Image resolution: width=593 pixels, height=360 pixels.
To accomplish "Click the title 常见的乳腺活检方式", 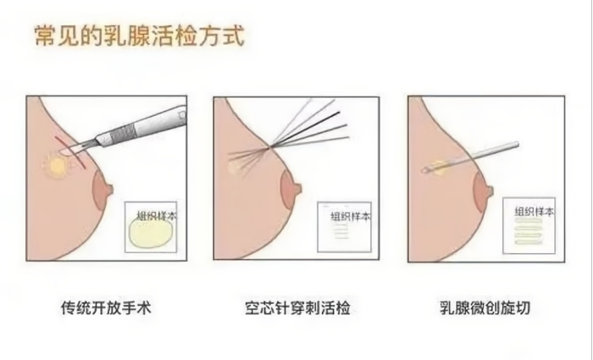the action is coord(140,36).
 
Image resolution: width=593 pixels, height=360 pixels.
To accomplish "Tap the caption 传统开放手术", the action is coord(106,307).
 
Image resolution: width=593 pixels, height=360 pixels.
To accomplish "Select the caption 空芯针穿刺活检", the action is coord(297,307).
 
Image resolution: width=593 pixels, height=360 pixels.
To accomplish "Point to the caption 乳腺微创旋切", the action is coord(485,307).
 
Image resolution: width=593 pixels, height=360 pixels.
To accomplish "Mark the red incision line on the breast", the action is coord(70,151).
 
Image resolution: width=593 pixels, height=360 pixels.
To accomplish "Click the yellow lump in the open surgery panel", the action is coord(57,166).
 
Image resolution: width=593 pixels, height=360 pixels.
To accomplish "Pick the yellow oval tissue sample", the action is coord(152,233).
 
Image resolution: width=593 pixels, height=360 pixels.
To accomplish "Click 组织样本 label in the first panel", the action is coord(157,216).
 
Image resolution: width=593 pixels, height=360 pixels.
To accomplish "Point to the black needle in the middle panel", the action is coord(304,130).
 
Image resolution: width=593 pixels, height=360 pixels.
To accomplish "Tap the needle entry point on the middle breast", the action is coord(269,147).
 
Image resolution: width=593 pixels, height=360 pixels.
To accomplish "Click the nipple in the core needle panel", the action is coord(291,188).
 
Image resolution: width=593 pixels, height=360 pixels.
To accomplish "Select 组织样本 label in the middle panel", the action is coord(351,217).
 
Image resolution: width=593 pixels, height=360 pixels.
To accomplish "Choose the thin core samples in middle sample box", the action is coord(341,231).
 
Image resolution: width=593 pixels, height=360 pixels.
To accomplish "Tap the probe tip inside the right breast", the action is coord(424,171).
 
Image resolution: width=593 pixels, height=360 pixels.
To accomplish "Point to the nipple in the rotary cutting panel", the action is coord(483,191).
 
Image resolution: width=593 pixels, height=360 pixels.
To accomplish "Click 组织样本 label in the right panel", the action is coord(535,212).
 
